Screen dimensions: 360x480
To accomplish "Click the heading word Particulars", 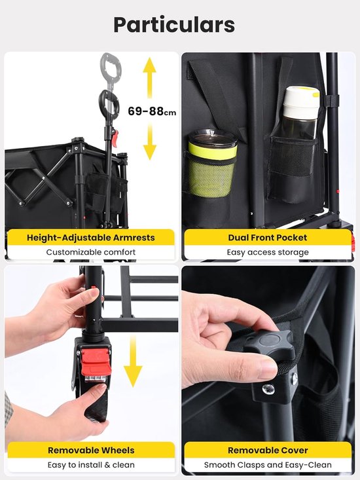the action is (174, 24).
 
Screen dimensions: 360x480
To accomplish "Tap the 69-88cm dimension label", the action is (152, 111).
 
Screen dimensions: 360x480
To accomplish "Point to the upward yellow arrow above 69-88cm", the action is (150, 78).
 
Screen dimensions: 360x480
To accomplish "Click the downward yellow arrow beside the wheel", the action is (132, 361).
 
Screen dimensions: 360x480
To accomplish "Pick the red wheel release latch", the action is (95, 363).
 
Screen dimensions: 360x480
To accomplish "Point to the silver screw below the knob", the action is (268, 389).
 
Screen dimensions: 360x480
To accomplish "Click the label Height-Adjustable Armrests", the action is (91, 238).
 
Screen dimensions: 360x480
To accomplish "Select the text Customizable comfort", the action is (91, 252).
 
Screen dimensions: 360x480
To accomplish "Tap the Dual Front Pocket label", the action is (268, 238).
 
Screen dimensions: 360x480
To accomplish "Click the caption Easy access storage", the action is (268, 252).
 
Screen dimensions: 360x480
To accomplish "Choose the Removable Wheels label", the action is (91, 451).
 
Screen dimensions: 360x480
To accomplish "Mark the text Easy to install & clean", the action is (91, 465).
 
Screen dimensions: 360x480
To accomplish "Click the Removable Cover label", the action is (268, 451).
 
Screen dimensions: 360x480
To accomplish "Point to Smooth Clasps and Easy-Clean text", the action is (268, 465).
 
